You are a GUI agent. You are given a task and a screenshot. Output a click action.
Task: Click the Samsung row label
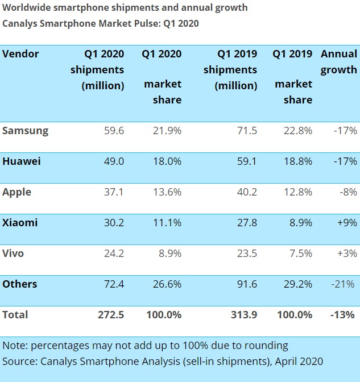pyautogui.click(x=26, y=131)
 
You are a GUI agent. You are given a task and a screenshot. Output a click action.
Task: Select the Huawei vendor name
pyautogui.click(x=22, y=161)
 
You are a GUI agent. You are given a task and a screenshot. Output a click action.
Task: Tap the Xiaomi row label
pyautogui.click(x=20, y=223)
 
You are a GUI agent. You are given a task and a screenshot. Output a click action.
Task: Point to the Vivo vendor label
pyautogui.click(x=13, y=254)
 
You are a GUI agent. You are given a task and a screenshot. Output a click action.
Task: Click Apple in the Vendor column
pyautogui.click(x=17, y=192)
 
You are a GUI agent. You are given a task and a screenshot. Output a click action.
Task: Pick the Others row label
pyautogui.click(x=20, y=284)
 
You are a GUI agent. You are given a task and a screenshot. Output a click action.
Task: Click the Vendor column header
pyautogui.click(x=21, y=54)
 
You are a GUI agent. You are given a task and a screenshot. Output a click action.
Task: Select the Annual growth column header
pyautogui.click(x=339, y=62)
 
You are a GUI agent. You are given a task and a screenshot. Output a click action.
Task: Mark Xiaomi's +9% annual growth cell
pyautogui.click(x=346, y=223)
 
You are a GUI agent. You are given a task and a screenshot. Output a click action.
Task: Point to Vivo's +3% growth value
pyautogui.click(x=346, y=254)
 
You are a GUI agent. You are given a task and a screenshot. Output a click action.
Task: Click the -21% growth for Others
pyautogui.click(x=344, y=284)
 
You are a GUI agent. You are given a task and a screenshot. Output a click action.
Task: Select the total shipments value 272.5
pyautogui.click(x=111, y=315)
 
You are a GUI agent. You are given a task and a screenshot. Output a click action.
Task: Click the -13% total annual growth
pyautogui.click(x=344, y=315)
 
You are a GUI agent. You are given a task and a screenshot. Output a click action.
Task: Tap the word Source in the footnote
pyautogui.click(x=19, y=361)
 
